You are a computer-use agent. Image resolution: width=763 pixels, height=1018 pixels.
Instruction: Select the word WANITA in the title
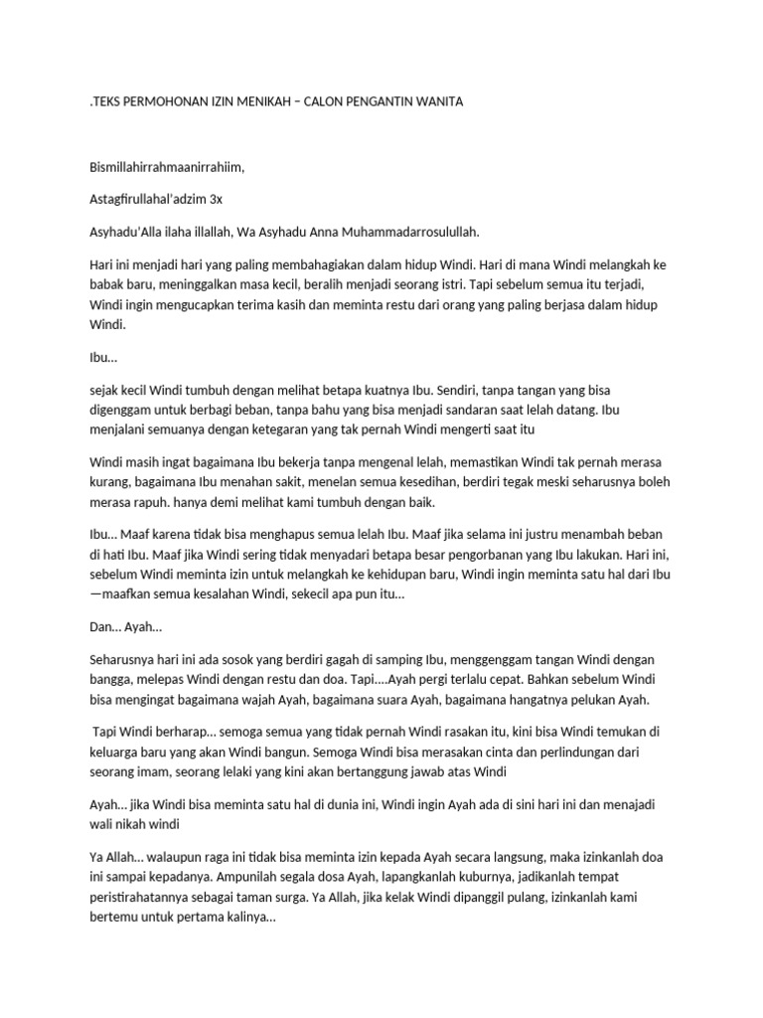(x=436, y=102)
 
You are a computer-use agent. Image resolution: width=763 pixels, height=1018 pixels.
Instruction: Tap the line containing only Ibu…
(x=103, y=357)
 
